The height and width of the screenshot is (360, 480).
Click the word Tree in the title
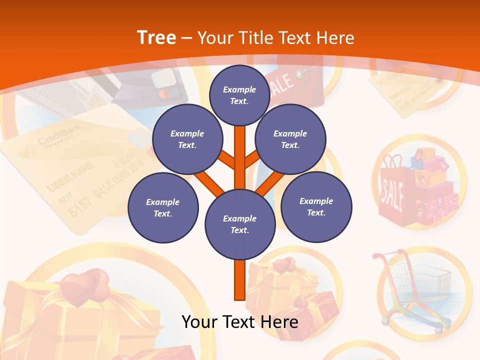[156, 37]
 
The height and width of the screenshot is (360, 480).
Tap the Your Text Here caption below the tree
[240, 321]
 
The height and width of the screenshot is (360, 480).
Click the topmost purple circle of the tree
[240, 95]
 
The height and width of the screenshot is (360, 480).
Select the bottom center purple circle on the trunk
[240, 224]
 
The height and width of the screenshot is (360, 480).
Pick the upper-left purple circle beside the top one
[187, 139]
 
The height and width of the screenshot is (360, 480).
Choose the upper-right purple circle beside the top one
[290, 139]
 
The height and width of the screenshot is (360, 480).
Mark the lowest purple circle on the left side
[163, 208]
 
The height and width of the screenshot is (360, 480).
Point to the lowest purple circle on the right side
[316, 207]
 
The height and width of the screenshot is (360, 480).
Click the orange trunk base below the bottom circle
[240, 280]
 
